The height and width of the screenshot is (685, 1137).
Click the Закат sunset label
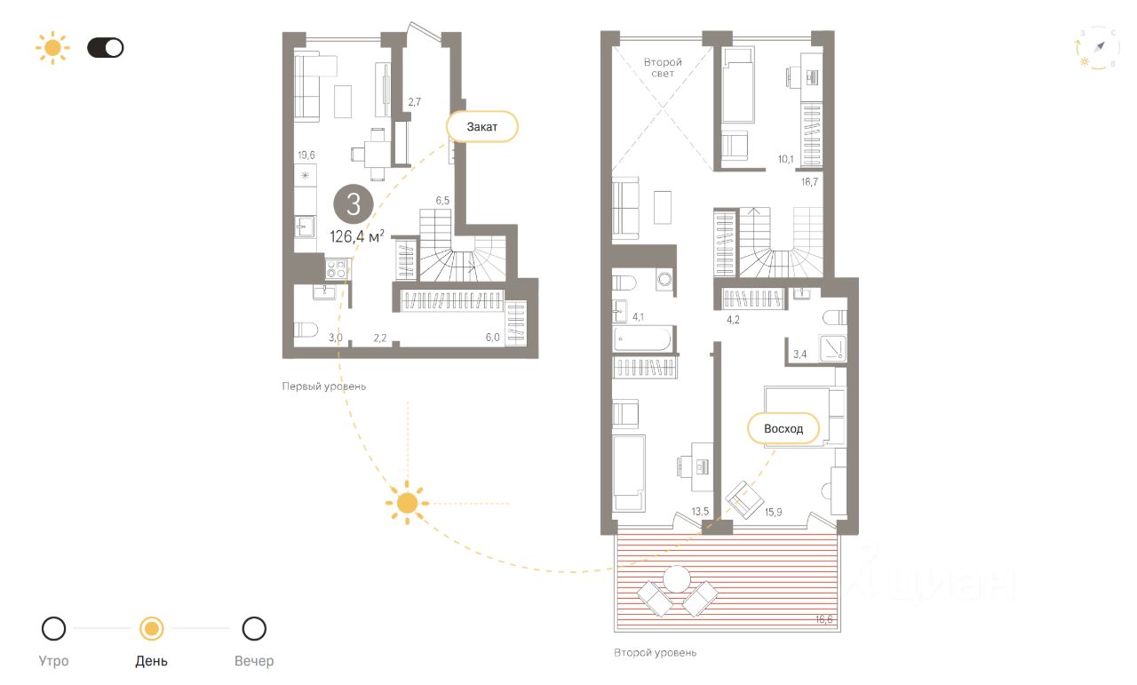point(482,126)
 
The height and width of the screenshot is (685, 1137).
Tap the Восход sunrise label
point(783,428)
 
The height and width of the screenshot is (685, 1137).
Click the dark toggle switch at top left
point(106,48)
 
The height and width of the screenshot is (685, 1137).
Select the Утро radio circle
point(53,629)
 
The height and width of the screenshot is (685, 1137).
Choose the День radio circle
point(151,629)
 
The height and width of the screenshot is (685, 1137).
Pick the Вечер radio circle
point(254,629)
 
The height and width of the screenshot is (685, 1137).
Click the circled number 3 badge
point(354,204)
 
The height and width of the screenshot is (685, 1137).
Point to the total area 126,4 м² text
point(357,236)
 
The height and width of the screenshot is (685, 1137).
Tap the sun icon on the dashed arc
point(407,503)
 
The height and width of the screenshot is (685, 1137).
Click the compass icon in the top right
point(1097,48)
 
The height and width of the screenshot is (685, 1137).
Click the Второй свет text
point(663,68)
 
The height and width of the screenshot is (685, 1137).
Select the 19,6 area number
point(306,155)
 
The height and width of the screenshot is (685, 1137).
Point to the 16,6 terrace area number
point(823,619)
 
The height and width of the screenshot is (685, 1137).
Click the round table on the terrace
point(677,579)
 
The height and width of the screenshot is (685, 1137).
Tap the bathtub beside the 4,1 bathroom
point(642,339)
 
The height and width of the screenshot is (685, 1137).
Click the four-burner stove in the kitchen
point(336,268)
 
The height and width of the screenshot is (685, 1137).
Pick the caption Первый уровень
point(324,386)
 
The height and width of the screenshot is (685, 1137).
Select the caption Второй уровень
point(655,652)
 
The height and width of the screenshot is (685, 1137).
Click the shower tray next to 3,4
point(832,348)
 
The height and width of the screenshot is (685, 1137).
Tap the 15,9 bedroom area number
point(773,513)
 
